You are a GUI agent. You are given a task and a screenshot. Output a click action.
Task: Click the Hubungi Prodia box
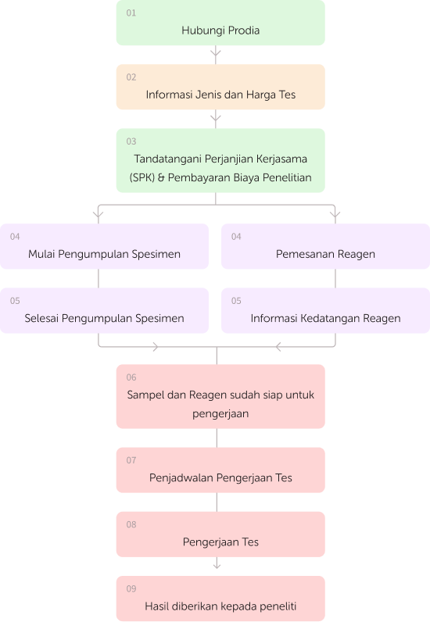[220, 23]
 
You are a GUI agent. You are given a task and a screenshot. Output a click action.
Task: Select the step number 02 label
[131, 77]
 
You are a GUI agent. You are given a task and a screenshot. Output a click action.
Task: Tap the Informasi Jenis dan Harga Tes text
[220, 95]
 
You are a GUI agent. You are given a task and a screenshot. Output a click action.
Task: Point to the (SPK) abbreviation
[142, 177]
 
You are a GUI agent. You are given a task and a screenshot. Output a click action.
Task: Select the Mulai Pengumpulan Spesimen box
[104, 246]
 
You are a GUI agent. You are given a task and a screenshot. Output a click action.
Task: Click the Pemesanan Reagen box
[325, 246]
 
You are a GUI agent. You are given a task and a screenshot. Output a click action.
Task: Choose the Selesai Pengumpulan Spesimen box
[104, 310]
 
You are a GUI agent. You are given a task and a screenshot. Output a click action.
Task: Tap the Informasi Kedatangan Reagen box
[325, 310]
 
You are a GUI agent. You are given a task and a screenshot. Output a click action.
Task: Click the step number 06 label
[131, 377]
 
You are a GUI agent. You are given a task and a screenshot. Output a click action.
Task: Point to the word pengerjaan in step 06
[220, 414]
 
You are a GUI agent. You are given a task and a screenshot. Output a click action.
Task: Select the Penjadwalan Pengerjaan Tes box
[220, 470]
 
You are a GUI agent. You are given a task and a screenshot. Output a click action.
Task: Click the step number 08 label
[131, 524]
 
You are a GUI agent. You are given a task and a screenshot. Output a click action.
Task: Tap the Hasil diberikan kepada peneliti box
[220, 599]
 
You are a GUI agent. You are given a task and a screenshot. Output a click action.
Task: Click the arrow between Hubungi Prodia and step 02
[216, 55]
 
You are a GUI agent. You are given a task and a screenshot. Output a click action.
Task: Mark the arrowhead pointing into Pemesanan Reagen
[335, 215]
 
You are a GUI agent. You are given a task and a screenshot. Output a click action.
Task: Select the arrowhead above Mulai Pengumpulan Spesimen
[98, 215]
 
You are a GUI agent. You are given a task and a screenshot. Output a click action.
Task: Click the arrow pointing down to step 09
[217, 563]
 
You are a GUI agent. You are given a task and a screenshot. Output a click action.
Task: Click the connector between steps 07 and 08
[217, 502]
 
